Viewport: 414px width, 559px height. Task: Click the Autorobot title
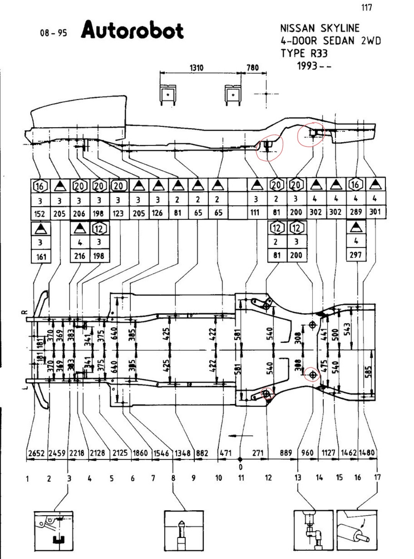coord(132,31)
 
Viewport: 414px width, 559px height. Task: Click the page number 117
coord(366,8)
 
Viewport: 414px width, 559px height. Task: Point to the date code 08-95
coord(53,33)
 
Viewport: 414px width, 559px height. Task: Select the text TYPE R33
coord(304,53)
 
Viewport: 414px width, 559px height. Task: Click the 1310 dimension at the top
coord(196,68)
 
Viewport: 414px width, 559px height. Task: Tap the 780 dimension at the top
coord(252,68)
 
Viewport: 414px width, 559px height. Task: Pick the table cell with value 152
coord(40,214)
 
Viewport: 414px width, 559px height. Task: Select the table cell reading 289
coord(356,212)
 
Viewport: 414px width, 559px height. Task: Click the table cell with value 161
coord(41,256)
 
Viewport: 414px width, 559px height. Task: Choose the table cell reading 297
coord(356,255)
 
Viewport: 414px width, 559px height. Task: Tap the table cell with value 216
coord(80,256)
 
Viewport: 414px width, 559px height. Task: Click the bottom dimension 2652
coord(36,453)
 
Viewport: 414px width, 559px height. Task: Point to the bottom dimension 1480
coord(367,453)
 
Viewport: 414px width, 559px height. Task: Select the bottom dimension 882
coord(202,453)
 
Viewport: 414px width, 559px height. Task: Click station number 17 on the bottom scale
coord(377,477)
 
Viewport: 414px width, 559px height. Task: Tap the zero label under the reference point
coord(240,467)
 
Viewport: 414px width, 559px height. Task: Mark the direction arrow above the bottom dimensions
coord(241,436)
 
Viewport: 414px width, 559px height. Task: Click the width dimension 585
coord(368,372)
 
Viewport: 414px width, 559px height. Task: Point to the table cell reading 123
coord(118,214)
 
